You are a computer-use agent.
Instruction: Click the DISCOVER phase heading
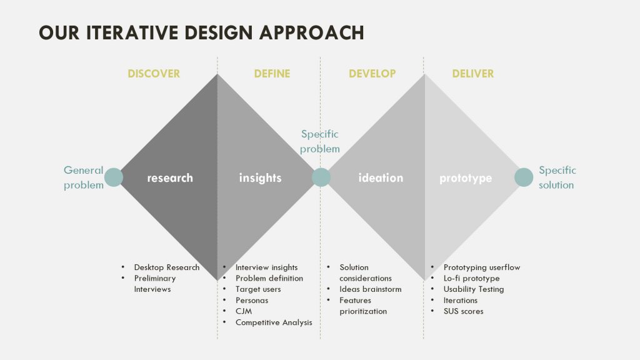click(154, 74)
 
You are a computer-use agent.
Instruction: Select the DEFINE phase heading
click(272, 74)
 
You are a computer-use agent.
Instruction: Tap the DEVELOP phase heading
click(372, 74)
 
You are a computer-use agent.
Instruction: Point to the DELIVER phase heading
click(472, 74)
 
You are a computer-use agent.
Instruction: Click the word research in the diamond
click(170, 178)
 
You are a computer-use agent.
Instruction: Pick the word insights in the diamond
click(260, 178)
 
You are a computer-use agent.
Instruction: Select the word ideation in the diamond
click(381, 178)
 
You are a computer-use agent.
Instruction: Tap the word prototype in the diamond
click(465, 178)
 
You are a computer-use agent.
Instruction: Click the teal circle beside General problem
click(114, 177)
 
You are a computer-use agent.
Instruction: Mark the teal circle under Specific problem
click(321, 177)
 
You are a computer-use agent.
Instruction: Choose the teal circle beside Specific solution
click(524, 177)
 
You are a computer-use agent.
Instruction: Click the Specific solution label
click(557, 177)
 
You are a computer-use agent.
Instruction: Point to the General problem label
click(84, 177)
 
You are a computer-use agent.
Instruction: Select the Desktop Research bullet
click(166, 267)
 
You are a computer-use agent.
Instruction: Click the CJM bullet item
click(244, 311)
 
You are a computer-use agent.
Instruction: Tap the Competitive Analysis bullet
click(274, 322)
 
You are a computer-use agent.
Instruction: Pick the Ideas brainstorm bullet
click(370, 289)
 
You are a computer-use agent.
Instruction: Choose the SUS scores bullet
click(463, 311)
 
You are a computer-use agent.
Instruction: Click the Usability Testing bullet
click(474, 289)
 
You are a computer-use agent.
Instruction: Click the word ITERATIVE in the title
click(132, 32)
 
